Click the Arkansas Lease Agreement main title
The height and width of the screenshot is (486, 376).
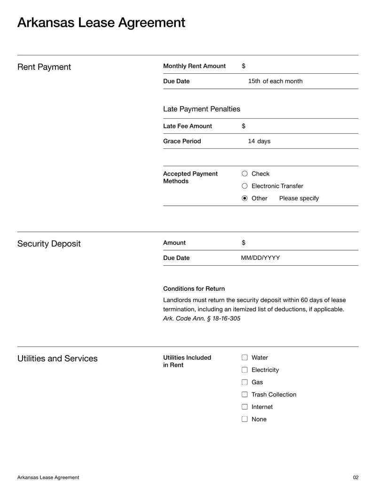point(101,23)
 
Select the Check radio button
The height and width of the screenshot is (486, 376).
point(244,174)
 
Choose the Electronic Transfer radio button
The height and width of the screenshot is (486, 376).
point(244,186)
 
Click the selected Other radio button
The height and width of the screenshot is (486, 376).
point(244,198)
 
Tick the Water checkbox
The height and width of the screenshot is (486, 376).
point(244,358)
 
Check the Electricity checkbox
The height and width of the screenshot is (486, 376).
point(244,370)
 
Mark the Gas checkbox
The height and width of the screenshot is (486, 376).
point(244,382)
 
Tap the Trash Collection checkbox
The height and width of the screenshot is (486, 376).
point(244,394)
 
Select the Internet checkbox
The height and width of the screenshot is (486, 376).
point(244,407)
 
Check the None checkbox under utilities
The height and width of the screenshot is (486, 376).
point(244,419)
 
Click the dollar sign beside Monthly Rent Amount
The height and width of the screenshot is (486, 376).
point(243,66)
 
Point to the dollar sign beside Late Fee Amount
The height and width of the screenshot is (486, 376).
point(243,126)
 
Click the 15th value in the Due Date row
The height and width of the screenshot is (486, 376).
point(254,81)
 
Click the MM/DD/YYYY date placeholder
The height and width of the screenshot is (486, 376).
point(260,258)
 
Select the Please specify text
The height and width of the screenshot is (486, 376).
point(299,198)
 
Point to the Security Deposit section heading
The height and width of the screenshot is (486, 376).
point(49,244)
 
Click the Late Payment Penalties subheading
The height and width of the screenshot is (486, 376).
point(202,109)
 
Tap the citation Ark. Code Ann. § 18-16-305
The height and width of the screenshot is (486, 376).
point(202,318)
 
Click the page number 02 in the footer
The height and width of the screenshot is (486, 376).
point(355,477)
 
